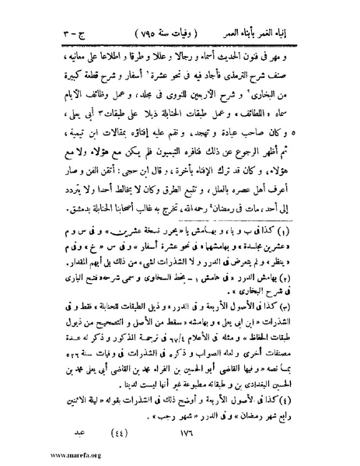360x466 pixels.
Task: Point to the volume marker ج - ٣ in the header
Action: (67, 33)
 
